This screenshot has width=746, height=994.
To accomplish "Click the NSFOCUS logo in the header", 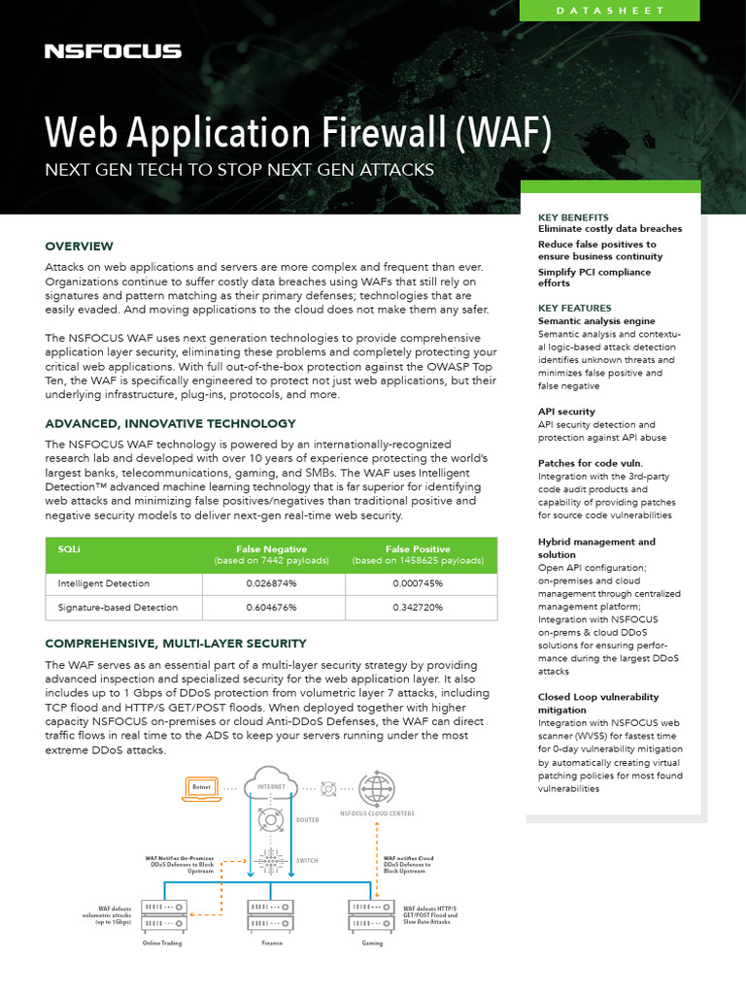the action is [x=113, y=50].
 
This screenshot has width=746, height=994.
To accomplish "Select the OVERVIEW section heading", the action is [x=80, y=246].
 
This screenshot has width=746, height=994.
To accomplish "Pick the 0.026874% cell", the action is [x=271, y=583].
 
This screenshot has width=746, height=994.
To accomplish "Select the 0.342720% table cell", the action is [x=418, y=608].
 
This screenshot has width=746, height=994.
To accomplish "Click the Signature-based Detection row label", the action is [x=118, y=608].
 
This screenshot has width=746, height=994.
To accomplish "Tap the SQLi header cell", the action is [x=69, y=548].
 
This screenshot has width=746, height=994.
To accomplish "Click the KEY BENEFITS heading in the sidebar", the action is [x=573, y=217].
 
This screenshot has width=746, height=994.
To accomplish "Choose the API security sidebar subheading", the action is [x=566, y=412].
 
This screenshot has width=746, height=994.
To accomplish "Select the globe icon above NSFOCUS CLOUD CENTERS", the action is [x=376, y=786].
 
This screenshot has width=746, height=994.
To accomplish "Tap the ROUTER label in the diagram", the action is [x=307, y=820].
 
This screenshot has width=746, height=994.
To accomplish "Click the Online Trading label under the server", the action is [x=162, y=943].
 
